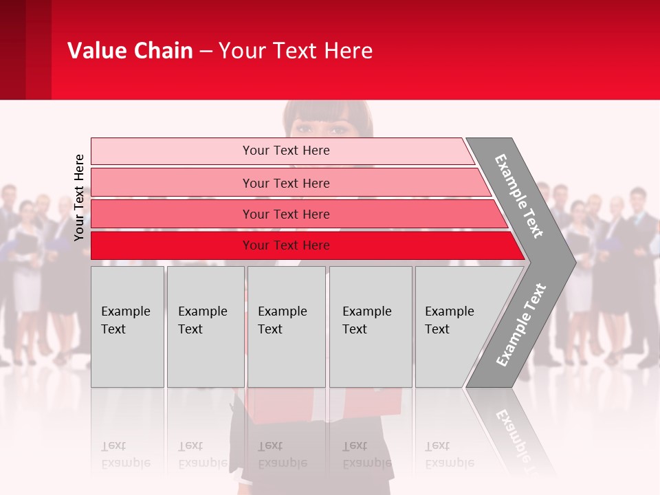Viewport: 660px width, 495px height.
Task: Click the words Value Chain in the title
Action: click(x=130, y=51)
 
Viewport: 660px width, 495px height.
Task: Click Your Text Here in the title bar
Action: click(x=295, y=51)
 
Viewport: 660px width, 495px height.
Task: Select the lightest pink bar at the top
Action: click(x=286, y=151)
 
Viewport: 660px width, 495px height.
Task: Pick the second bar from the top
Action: click(x=286, y=183)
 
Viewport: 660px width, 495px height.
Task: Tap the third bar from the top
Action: click(x=286, y=214)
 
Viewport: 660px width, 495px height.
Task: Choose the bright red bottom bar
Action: click(x=286, y=245)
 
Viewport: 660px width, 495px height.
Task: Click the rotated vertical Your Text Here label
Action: click(x=79, y=197)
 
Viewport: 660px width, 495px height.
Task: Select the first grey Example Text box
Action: click(x=127, y=327)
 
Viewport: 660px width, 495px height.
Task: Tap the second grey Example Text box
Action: click(x=205, y=327)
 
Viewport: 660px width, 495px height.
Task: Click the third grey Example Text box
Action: click(x=285, y=327)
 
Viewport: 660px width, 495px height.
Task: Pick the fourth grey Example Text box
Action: click(x=370, y=327)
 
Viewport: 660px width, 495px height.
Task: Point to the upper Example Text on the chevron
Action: click(x=519, y=196)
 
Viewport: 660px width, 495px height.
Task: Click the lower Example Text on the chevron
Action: click(x=520, y=325)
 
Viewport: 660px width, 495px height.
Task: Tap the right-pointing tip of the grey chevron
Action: click(x=571, y=261)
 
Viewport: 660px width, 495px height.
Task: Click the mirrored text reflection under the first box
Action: click(x=126, y=455)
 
